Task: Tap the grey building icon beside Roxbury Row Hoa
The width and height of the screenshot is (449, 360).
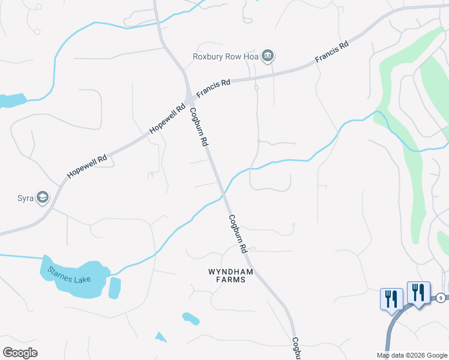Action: tap(268, 57)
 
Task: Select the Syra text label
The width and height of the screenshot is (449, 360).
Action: tap(24, 197)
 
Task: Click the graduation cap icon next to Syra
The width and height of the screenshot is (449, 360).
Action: tap(42, 197)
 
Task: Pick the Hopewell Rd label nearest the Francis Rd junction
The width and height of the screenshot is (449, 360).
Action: tap(167, 121)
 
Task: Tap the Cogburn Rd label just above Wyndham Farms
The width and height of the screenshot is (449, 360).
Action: tap(238, 233)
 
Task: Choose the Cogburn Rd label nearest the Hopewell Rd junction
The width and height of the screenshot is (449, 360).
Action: tap(199, 127)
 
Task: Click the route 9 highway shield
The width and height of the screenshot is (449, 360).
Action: tap(441, 298)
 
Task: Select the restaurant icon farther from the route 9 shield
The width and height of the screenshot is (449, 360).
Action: tap(391, 298)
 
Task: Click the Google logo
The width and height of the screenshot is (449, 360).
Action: tap(20, 353)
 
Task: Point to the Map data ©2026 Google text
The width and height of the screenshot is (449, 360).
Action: tap(411, 355)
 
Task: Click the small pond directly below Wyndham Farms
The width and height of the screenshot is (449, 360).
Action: tap(190, 318)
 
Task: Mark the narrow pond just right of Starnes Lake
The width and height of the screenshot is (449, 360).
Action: tap(115, 288)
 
